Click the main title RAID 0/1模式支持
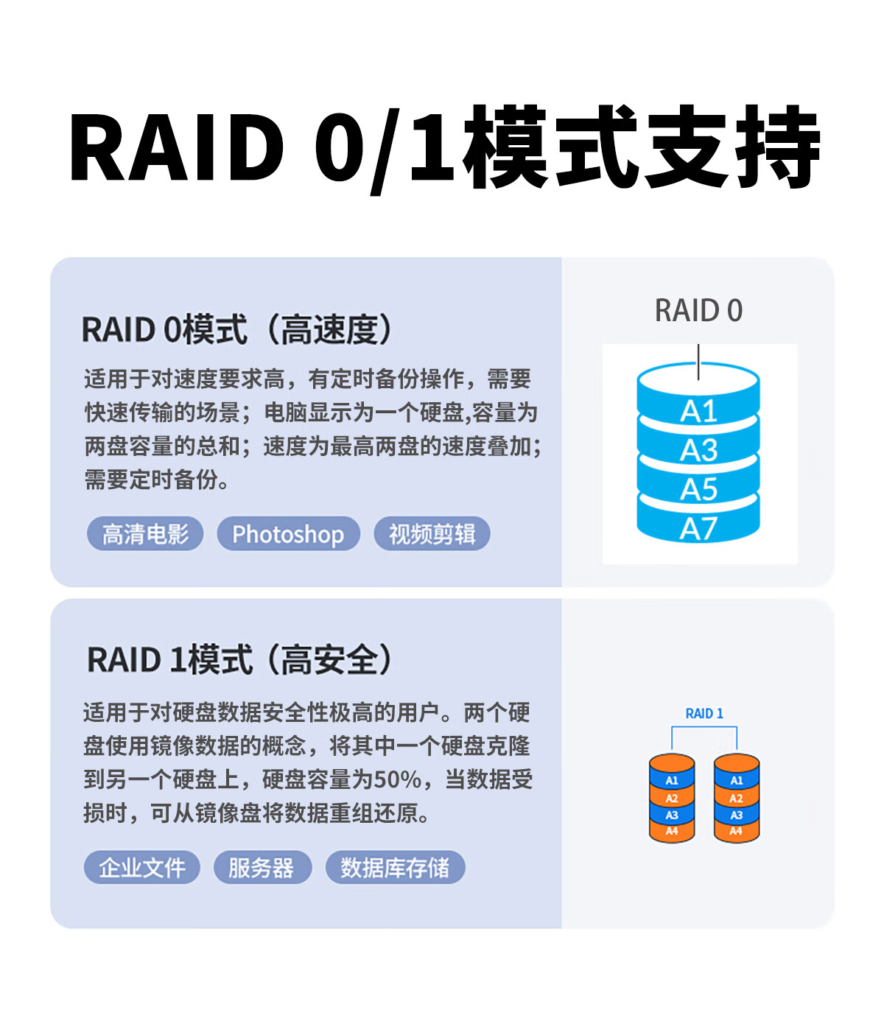444,147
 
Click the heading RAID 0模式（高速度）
237,329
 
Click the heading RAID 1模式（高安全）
239,659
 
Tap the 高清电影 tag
145,533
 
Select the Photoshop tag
289,533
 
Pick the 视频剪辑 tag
432,533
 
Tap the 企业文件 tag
141,867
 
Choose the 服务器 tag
262,867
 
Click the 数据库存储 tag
395,867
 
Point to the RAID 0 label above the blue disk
698,310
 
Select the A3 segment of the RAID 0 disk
698,449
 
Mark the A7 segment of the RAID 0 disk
698,527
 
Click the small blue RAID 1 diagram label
704,713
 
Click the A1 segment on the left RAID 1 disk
672,780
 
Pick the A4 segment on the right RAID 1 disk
737,831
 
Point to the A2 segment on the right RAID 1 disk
737,798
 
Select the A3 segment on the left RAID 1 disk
672,815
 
